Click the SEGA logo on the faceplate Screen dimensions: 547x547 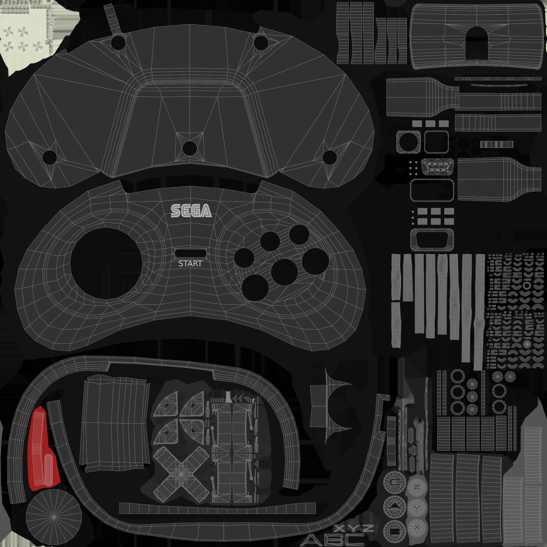tap(191, 210)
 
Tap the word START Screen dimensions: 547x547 tap(190, 263)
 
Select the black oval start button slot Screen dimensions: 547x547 tap(190, 253)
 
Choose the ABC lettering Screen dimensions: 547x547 tap(332, 539)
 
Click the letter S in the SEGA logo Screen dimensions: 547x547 tap(175, 211)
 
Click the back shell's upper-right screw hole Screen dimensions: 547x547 tap(261, 43)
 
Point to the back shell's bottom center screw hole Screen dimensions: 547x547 tap(189, 148)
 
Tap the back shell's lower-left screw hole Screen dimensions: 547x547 tap(49, 157)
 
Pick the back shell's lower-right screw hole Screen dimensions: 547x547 tap(329, 157)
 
